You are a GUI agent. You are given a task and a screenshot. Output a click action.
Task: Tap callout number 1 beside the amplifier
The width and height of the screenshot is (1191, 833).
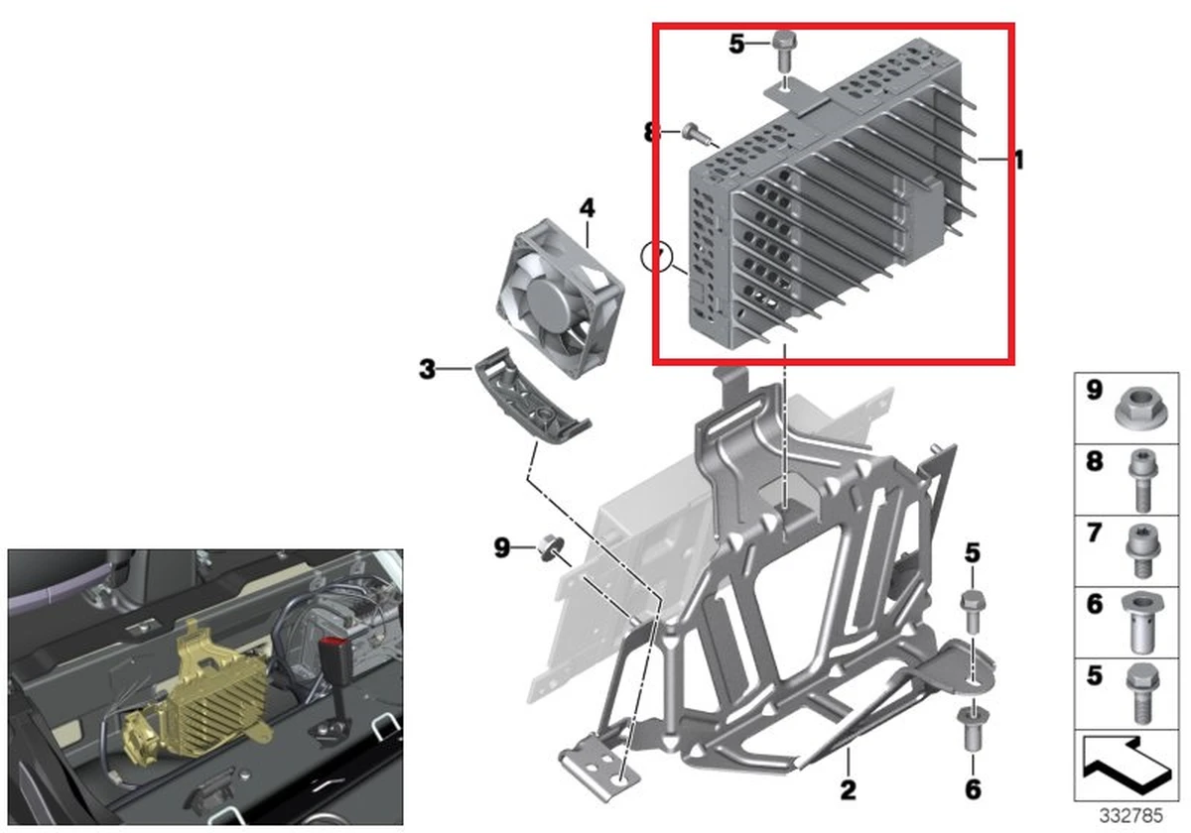(1017, 160)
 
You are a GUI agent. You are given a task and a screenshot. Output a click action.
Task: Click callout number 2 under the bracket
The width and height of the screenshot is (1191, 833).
(848, 789)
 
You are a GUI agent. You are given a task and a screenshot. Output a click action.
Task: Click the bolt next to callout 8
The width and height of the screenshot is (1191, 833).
(696, 133)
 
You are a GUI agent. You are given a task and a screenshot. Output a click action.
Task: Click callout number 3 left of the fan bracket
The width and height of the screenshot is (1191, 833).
(427, 370)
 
